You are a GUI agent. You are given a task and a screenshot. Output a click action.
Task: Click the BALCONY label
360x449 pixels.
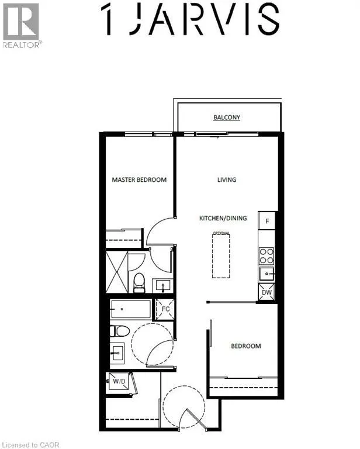tap(227, 118)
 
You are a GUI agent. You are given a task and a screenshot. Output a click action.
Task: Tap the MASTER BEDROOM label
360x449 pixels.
tap(139, 179)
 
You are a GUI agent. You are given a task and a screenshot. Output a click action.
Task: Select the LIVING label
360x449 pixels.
tap(227, 179)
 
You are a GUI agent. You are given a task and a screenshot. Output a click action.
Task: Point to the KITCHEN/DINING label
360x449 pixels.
tap(223, 218)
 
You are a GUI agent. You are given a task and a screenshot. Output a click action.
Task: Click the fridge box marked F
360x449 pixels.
tap(267, 221)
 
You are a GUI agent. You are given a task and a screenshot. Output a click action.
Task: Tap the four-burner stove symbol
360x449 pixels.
tap(266, 255)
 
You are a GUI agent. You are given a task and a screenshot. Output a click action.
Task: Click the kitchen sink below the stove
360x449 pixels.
tap(266, 273)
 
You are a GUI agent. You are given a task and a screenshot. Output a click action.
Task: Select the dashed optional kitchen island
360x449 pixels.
tap(221, 256)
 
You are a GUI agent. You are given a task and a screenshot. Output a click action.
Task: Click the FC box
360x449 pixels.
tap(164, 309)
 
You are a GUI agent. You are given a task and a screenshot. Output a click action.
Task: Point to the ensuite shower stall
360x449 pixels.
tap(116, 272)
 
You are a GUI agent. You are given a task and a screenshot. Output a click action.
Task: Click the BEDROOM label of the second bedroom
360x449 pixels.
tap(245, 346)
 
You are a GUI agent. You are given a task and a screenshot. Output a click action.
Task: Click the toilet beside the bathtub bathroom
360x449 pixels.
tap(120, 331)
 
